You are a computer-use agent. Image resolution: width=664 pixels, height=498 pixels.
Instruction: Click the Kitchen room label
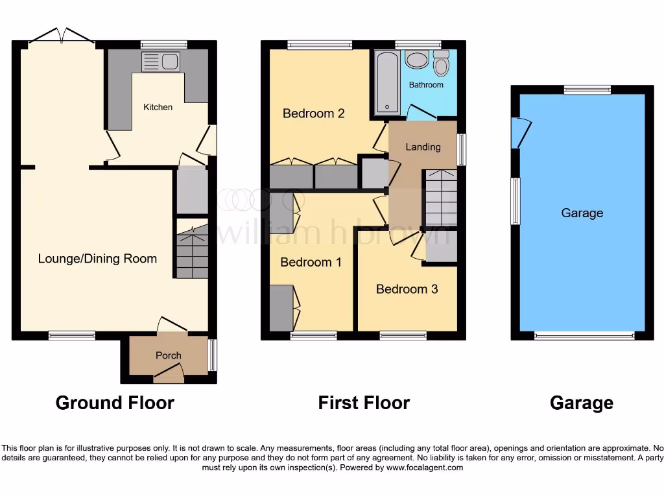158,107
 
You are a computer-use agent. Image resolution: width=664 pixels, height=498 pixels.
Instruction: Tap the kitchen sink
161,62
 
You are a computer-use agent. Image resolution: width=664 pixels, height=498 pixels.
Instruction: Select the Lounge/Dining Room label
97,259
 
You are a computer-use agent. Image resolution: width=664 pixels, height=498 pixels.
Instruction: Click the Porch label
169,355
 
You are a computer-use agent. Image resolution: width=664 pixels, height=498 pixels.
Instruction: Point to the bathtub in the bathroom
386,83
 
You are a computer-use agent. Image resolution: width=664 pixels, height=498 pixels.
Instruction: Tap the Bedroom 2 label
313,113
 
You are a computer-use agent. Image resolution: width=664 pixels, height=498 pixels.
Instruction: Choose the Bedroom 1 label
311,262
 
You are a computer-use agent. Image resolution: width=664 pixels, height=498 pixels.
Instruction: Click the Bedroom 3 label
407,289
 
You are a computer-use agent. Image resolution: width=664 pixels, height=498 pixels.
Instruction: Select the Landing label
423,147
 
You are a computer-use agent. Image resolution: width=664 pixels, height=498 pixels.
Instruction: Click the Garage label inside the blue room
582,213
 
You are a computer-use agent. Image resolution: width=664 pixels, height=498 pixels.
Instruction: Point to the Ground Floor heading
115,403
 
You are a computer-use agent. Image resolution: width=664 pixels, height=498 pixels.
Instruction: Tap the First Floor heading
364,403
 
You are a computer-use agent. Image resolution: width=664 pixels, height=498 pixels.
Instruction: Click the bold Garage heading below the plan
581,403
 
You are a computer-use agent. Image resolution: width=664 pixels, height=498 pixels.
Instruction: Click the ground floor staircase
192,250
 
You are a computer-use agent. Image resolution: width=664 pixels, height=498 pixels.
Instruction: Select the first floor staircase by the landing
440,198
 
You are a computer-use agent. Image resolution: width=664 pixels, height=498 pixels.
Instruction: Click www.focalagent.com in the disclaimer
425,468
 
